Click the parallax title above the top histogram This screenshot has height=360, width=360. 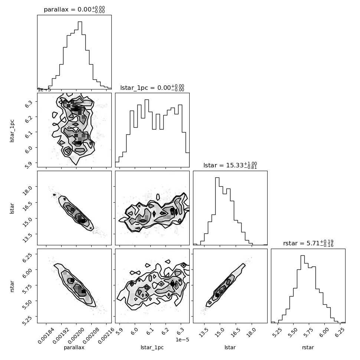[x=74, y=9]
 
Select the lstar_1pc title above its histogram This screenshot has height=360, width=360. [x=152, y=88]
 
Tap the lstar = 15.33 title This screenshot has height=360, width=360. [x=230, y=165]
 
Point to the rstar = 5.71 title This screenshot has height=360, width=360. [x=308, y=243]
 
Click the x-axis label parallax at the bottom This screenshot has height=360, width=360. [x=74, y=348]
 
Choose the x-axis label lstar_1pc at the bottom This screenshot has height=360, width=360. [x=152, y=348]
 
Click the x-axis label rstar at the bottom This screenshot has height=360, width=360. [x=308, y=347]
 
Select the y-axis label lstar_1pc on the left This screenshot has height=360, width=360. [x=12, y=131]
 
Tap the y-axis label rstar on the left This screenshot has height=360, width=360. [x=12, y=286]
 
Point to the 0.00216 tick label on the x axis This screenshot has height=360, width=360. [x=106, y=336]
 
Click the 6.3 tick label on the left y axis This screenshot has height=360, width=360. [x=29, y=104]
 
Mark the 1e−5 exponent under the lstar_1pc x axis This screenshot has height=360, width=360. [x=182, y=340]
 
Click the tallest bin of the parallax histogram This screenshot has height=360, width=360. [x=80, y=55]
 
